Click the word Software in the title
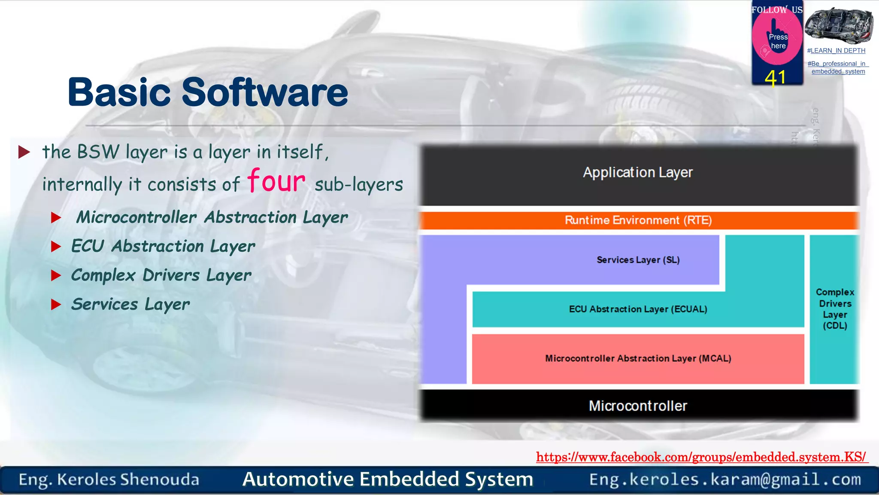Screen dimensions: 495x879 pos(264,92)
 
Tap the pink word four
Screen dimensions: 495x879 pos(276,180)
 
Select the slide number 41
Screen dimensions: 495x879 pos(775,78)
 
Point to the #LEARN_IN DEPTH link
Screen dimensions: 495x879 pos(836,51)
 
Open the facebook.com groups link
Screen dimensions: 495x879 pos(701,457)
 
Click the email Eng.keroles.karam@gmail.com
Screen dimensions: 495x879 pos(725,480)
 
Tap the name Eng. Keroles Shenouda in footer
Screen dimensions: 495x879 pos(109,480)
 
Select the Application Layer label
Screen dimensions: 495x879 pos(637,173)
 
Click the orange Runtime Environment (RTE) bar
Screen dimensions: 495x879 pos(638,220)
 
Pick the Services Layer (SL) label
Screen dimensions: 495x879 pos(638,260)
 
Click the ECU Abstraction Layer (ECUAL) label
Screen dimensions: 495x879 pos(638,309)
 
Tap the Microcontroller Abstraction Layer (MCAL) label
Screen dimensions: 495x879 pos(638,358)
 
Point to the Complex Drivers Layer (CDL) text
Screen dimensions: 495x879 pos(835,309)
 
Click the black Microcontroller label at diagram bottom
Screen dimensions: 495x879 pos(638,406)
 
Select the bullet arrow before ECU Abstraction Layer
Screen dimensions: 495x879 pos(56,247)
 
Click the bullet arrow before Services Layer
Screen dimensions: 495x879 pos(56,305)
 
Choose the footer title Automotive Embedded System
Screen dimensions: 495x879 pos(388,479)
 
